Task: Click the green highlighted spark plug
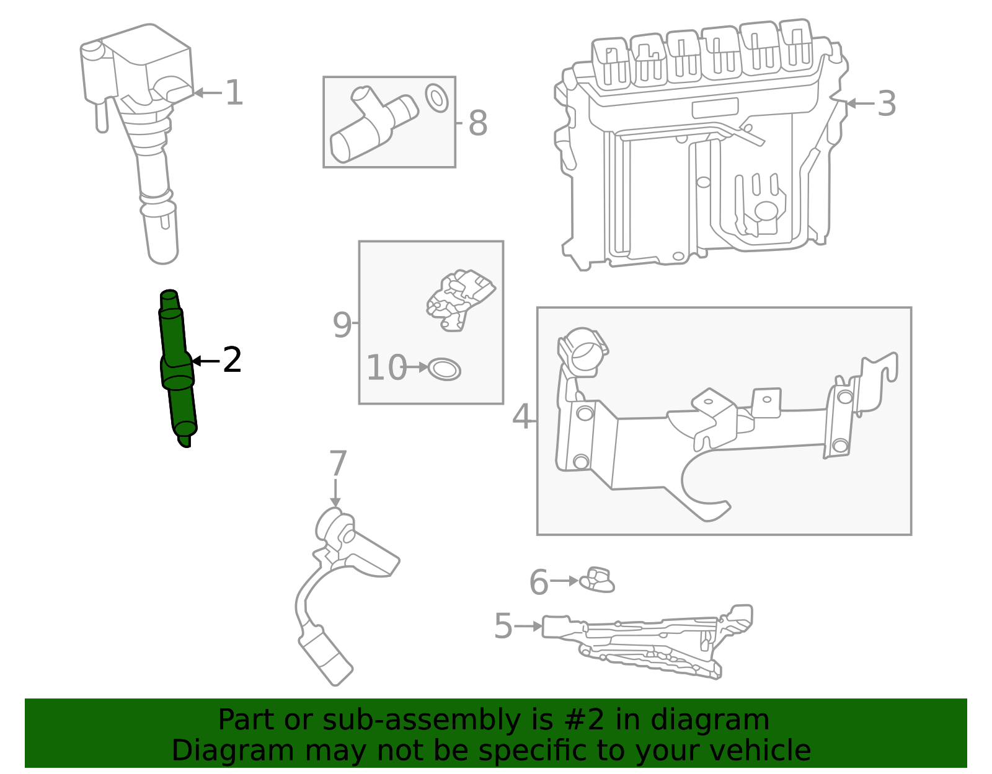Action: coord(177,369)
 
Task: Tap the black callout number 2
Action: coord(232,360)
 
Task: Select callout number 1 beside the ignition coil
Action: coord(234,93)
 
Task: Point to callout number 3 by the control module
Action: coord(887,103)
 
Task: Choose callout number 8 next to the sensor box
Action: coord(477,123)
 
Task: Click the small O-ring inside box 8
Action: coord(436,98)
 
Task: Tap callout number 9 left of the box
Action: coord(342,324)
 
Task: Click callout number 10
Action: coord(386,367)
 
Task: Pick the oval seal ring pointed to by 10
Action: coord(445,369)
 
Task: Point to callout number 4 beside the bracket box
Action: coord(522,416)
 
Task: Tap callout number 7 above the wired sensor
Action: coord(337,464)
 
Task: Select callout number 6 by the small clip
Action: coord(539,582)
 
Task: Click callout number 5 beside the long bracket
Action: coord(503,626)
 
